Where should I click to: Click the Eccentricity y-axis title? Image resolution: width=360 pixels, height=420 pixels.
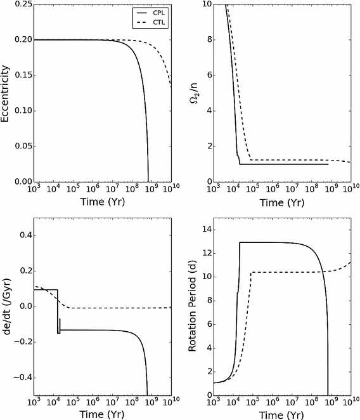pyautogui.click(x=8, y=93)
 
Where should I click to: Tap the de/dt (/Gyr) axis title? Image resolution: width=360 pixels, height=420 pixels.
pyautogui.click(x=8, y=307)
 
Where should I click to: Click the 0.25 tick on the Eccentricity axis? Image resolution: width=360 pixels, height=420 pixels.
pyautogui.click(x=23, y=4)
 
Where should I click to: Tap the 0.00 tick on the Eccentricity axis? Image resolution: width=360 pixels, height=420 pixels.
pyautogui.click(x=23, y=182)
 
